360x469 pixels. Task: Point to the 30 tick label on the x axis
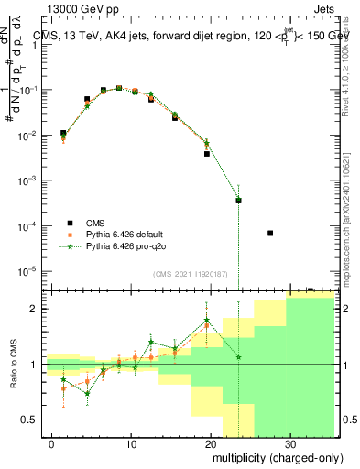289,443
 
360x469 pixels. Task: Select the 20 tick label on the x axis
211,443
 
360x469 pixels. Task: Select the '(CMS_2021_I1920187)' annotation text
190,274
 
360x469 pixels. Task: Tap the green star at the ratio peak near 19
207,321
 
